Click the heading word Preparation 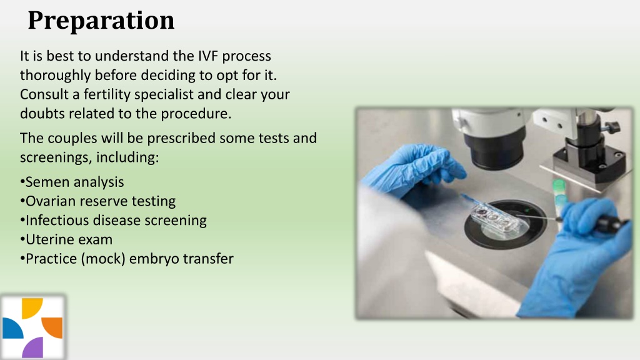click(101, 21)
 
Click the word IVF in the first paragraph click(211, 56)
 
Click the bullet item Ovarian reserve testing click(100, 201)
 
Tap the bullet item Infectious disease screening click(116, 220)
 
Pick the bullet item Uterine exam click(69, 239)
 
